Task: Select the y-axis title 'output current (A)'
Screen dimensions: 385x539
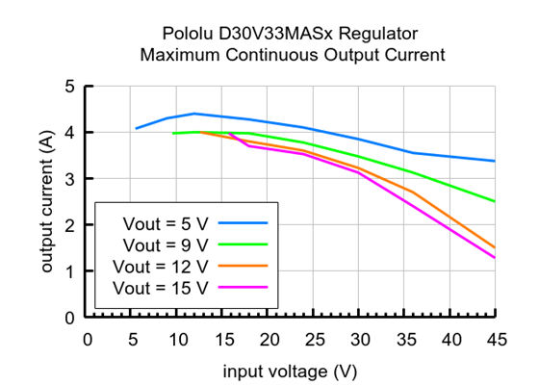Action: click(46, 201)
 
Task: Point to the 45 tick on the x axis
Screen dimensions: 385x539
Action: click(495, 339)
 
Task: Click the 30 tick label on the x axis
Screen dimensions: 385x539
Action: click(359, 339)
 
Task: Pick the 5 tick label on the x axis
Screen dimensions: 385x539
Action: click(133, 339)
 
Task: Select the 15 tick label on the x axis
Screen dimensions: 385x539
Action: click(223, 339)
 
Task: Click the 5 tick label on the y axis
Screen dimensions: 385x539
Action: click(69, 87)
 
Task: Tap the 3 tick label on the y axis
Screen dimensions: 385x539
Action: click(69, 179)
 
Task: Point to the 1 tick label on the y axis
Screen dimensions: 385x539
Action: click(69, 271)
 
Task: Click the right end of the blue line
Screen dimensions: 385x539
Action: click(495, 161)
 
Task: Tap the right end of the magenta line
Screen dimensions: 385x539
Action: click(495, 258)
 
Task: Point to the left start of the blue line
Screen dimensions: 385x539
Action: click(136, 128)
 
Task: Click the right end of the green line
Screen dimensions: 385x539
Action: click(495, 201)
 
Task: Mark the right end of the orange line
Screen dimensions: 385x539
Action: click(495, 247)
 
